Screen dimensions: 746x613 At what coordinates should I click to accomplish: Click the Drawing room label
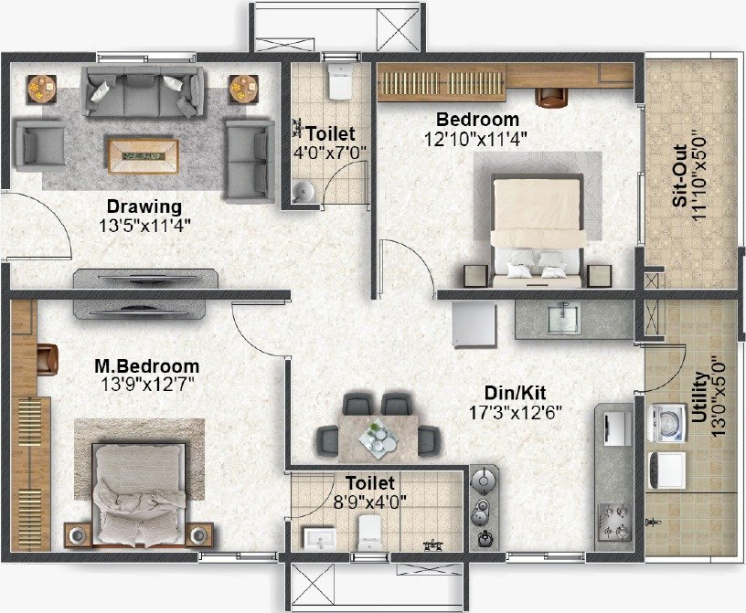[144, 206]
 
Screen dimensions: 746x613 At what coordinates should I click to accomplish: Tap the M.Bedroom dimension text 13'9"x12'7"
[148, 384]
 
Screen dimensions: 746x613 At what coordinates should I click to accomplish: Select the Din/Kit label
[516, 393]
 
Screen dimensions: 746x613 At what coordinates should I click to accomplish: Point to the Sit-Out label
[680, 176]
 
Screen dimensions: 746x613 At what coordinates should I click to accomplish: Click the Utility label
[699, 397]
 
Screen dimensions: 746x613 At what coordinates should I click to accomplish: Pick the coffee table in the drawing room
[144, 156]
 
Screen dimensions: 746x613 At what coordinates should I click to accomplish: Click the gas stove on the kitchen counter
[614, 521]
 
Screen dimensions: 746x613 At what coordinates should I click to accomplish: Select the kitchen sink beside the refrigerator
[564, 319]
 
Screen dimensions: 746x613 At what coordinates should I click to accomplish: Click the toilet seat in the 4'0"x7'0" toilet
[339, 81]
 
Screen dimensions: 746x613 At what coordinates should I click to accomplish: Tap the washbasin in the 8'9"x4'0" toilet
[319, 539]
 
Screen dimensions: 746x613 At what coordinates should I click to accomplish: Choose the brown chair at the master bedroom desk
[48, 359]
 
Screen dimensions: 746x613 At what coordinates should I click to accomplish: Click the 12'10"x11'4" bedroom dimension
[475, 140]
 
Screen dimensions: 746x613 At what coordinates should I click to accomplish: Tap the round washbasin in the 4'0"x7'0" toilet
[304, 192]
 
